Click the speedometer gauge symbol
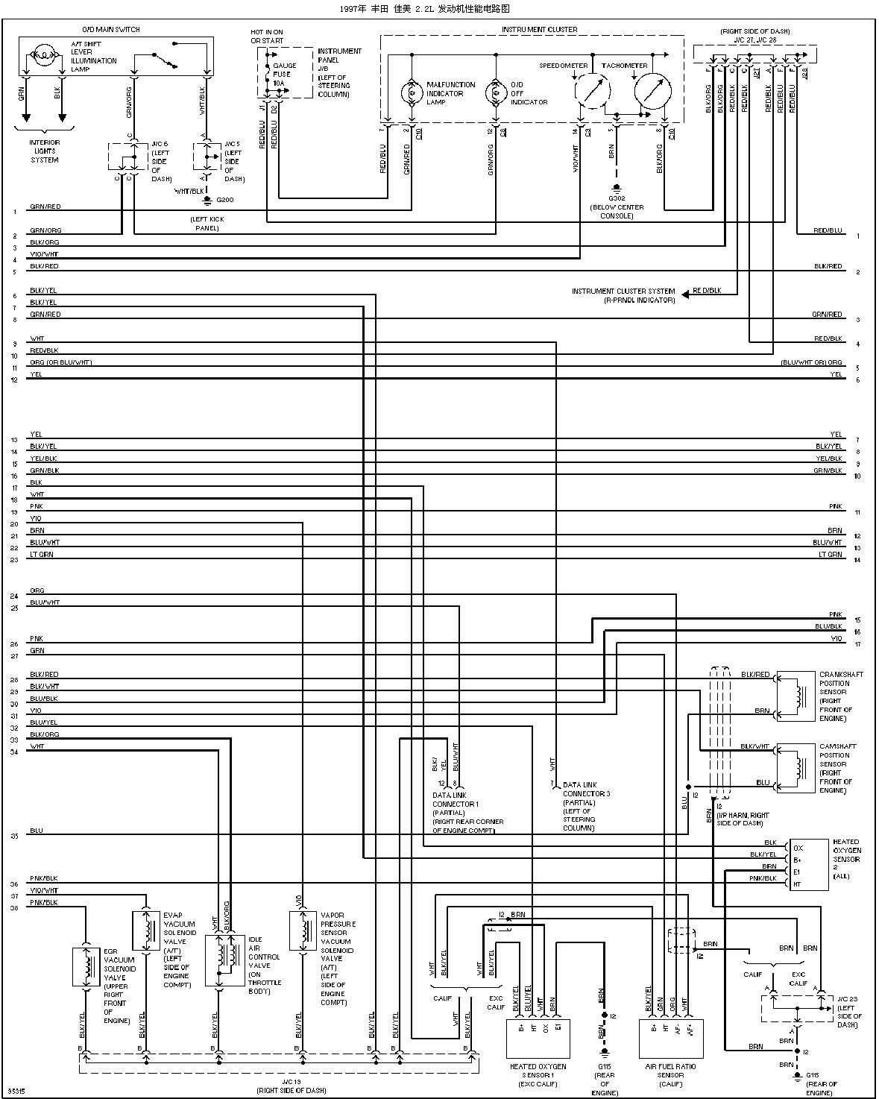593,92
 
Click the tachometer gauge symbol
651,91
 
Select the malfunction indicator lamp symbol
412,93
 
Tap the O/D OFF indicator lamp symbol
495,93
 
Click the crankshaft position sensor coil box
795,696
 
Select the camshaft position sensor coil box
795,767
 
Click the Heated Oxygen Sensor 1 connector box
538,1039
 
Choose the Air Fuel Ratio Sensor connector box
671,1039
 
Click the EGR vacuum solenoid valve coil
87,967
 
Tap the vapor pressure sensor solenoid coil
303,929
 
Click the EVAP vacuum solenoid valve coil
142,929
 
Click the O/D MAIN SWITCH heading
110,30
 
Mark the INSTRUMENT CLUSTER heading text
539,30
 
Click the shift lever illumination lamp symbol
44,55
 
